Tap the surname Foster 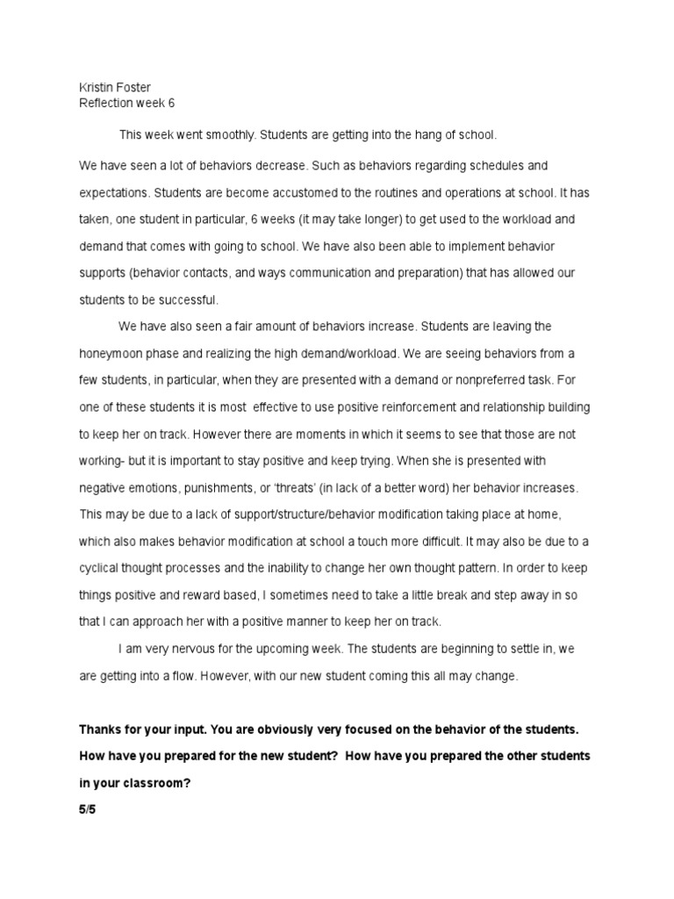tap(133, 88)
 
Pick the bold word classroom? tap(142, 783)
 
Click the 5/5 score tap(87, 809)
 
